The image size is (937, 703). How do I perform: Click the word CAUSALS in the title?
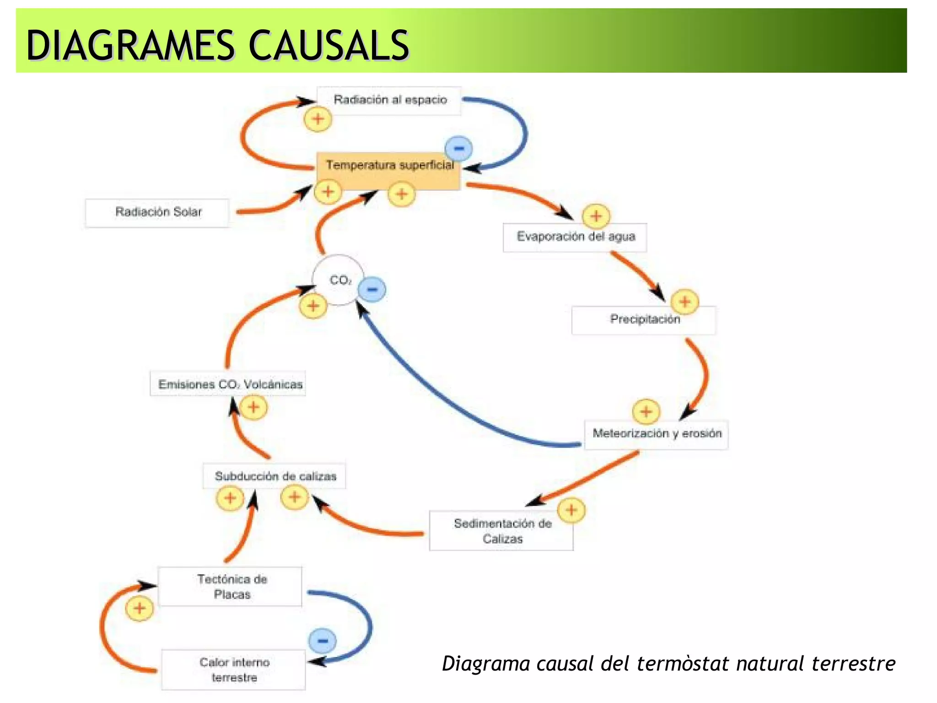[x=328, y=46]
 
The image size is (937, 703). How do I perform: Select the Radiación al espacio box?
[x=390, y=100]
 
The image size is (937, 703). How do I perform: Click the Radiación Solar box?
[x=158, y=212]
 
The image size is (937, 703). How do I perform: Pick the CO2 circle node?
[x=339, y=280]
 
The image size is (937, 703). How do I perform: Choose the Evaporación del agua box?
[x=575, y=237]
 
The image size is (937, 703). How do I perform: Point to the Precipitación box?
[x=644, y=319]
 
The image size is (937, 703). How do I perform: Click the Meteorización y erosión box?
[x=657, y=434]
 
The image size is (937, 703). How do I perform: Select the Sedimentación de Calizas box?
[x=501, y=531]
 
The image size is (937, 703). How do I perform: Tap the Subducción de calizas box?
[x=275, y=476]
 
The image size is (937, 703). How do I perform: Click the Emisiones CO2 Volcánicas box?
[x=229, y=384]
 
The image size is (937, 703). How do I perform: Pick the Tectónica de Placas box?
[x=231, y=587]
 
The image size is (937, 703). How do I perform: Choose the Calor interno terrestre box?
[x=234, y=670]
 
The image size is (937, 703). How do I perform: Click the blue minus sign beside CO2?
[x=372, y=289]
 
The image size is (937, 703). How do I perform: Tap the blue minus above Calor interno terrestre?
[x=323, y=640]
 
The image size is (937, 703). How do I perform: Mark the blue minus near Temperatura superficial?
[x=459, y=148]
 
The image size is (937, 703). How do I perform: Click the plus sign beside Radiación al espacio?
[x=318, y=119]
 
